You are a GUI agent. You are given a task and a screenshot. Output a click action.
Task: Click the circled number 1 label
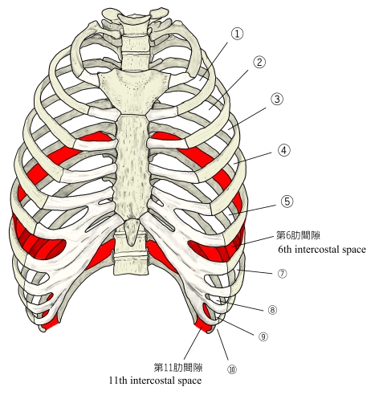click(237, 34)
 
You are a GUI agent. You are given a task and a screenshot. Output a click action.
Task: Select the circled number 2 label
click(259, 63)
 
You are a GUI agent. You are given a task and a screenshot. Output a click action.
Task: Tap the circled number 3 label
click(277, 99)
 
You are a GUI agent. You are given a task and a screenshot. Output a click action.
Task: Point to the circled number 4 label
click(284, 150)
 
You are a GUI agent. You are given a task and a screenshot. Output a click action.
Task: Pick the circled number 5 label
click(287, 202)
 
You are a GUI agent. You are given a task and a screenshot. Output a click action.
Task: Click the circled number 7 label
click(282, 274)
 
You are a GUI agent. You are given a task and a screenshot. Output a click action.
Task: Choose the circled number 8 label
click(272, 310)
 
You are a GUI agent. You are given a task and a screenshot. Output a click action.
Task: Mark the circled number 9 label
click(263, 336)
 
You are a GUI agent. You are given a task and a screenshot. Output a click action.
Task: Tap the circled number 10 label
click(232, 369)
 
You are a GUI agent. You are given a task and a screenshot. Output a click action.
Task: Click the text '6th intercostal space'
click(322, 250)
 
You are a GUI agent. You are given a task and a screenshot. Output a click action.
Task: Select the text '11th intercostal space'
click(155, 381)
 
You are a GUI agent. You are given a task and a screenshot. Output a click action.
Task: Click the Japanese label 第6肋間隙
click(298, 235)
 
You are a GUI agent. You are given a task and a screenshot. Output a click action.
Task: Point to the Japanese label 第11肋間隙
click(178, 367)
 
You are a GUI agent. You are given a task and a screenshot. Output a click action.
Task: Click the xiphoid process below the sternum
click(131, 231)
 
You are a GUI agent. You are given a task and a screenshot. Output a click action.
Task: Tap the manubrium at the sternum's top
click(134, 91)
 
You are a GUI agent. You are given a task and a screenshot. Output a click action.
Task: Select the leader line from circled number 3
click(247, 119)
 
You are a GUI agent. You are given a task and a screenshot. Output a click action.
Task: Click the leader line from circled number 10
click(222, 344)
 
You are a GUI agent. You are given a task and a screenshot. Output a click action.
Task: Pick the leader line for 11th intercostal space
click(193, 343)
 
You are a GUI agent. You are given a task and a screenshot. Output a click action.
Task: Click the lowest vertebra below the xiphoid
click(131, 263)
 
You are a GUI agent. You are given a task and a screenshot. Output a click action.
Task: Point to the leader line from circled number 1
click(214, 61)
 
